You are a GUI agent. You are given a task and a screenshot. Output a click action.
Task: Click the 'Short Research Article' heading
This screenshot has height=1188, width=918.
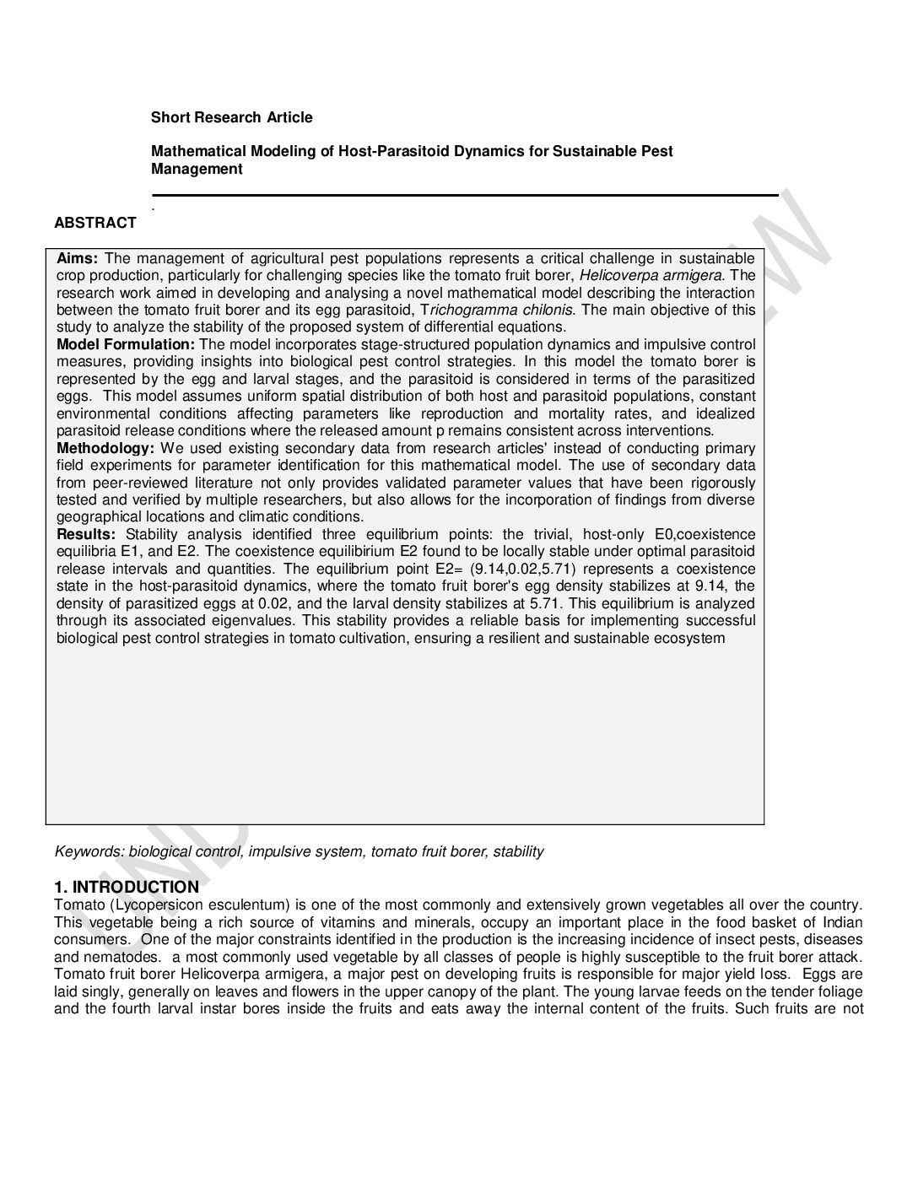231,117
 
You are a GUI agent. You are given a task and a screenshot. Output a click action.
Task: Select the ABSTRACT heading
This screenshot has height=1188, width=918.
95,223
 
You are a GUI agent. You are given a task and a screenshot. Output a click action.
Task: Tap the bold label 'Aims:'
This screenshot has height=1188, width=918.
78,258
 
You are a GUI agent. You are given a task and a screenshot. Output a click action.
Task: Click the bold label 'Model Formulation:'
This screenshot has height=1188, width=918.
126,344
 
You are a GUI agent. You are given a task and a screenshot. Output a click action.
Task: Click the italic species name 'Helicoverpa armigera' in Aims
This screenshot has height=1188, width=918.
651,275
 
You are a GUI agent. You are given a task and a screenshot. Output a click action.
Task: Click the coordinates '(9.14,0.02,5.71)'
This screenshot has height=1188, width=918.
524,569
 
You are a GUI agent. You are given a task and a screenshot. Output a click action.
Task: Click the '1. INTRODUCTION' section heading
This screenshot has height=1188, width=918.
127,887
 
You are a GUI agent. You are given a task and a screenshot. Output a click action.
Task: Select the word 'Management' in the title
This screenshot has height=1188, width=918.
197,169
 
